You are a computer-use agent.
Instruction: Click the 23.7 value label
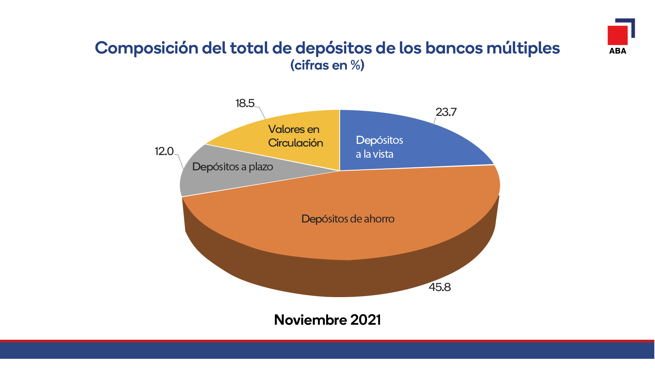[x=446, y=112]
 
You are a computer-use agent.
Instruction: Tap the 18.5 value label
[x=245, y=103]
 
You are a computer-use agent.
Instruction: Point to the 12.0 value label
[x=164, y=151]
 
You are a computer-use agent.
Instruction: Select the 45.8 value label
[x=440, y=287]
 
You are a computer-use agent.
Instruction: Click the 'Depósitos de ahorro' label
[x=348, y=219]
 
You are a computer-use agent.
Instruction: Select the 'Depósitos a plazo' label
[x=233, y=167]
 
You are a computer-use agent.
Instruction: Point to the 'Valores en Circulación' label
[x=295, y=136]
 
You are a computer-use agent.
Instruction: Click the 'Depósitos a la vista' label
[x=379, y=147]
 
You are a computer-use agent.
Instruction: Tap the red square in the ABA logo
[x=617, y=35]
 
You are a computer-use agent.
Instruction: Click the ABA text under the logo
[x=617, y=51]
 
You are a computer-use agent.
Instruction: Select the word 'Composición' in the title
[x=147, y=48]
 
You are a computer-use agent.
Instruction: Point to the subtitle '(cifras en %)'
[x=327, y=65]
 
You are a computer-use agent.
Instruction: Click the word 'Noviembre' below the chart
[x=311, y=320]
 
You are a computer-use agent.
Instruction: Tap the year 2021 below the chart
[x=365, y=320]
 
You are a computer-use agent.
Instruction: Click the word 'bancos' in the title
[x=453, y=48]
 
